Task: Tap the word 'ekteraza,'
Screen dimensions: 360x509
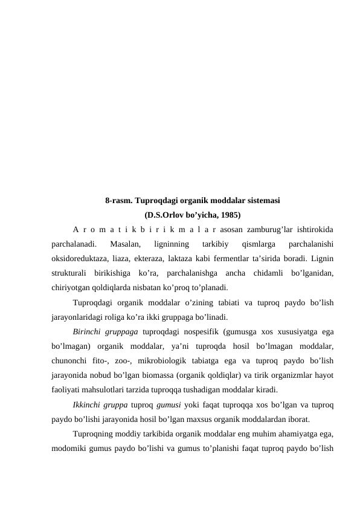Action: (159, 258)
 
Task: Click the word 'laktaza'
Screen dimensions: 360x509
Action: (194, 258)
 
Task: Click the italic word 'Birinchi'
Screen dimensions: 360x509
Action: (88, 331)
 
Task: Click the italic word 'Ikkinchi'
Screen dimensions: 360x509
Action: (89, 404)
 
